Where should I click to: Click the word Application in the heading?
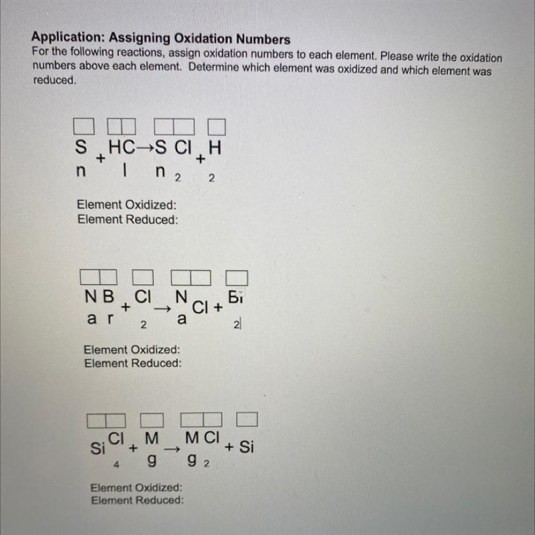[68, 37]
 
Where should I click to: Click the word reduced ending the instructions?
[55, 80]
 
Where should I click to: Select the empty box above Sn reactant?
[84, 126]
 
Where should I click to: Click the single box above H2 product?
[217, 127]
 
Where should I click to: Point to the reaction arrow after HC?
[146, 148]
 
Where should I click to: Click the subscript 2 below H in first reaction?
[211, 178]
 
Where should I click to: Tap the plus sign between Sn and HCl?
[100, 158]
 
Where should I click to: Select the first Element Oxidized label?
[126, 205]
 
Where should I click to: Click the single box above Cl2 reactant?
[142, 277]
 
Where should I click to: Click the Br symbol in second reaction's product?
[235, 297]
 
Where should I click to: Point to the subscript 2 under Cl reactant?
[143, 325]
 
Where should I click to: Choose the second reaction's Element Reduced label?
[133, 363]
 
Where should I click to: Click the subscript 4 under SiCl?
[116, 464]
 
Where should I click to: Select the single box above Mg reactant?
[152, 420]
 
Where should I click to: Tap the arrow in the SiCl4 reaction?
[172, 449]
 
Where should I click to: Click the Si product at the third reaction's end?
[246, 447]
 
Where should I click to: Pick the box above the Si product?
[247, 419]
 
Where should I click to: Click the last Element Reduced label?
[137, 500]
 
